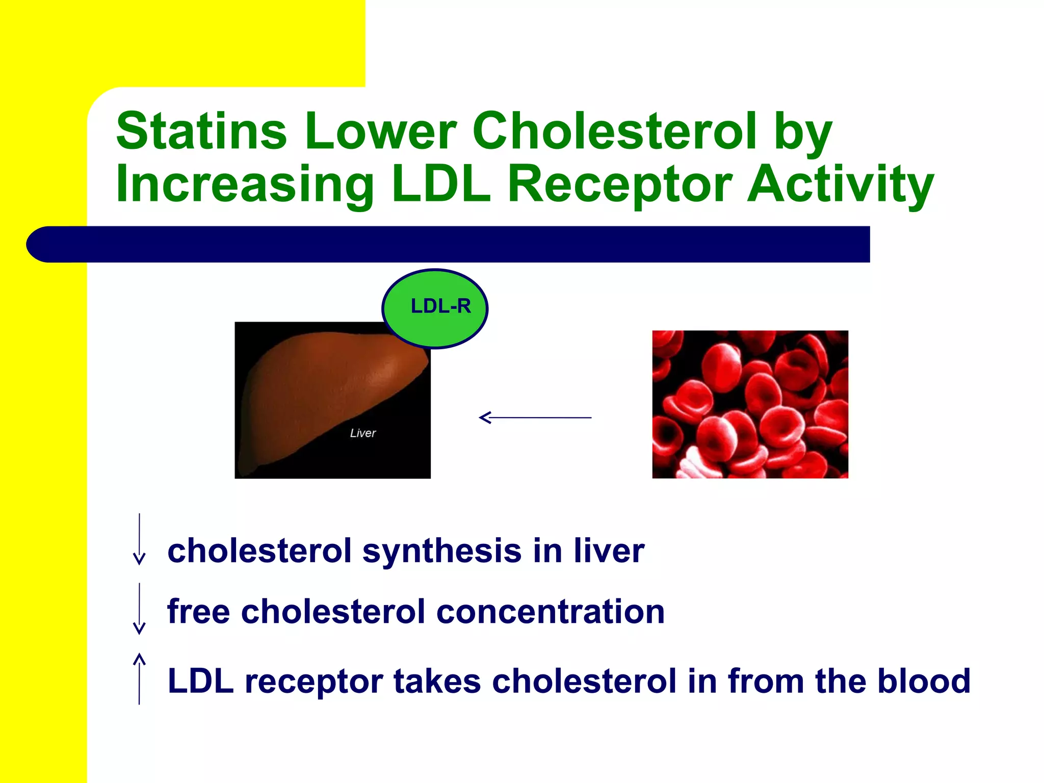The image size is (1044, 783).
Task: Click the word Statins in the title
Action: (201, 131)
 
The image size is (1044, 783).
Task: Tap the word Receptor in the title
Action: (619, 185)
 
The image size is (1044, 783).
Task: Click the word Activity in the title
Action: (841, 185)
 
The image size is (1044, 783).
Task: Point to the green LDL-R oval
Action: (435, 309)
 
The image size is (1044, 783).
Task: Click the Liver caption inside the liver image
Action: (362, 433)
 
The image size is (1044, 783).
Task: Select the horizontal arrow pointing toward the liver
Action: (535, 417)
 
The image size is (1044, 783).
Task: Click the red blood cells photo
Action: (750, 404)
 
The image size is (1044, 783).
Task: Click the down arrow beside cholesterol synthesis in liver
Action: (139, 539)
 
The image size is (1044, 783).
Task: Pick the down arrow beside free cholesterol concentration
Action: (139, 609)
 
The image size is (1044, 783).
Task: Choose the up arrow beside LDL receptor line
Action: (139, 678)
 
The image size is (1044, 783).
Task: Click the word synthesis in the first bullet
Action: (442, 552)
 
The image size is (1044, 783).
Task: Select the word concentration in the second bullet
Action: (551, 611)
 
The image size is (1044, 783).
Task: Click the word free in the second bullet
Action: (198, 611)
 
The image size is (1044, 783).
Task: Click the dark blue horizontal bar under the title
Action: (449, 244)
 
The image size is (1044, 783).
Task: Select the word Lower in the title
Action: (380, 131)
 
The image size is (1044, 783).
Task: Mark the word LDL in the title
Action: (441, 185)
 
